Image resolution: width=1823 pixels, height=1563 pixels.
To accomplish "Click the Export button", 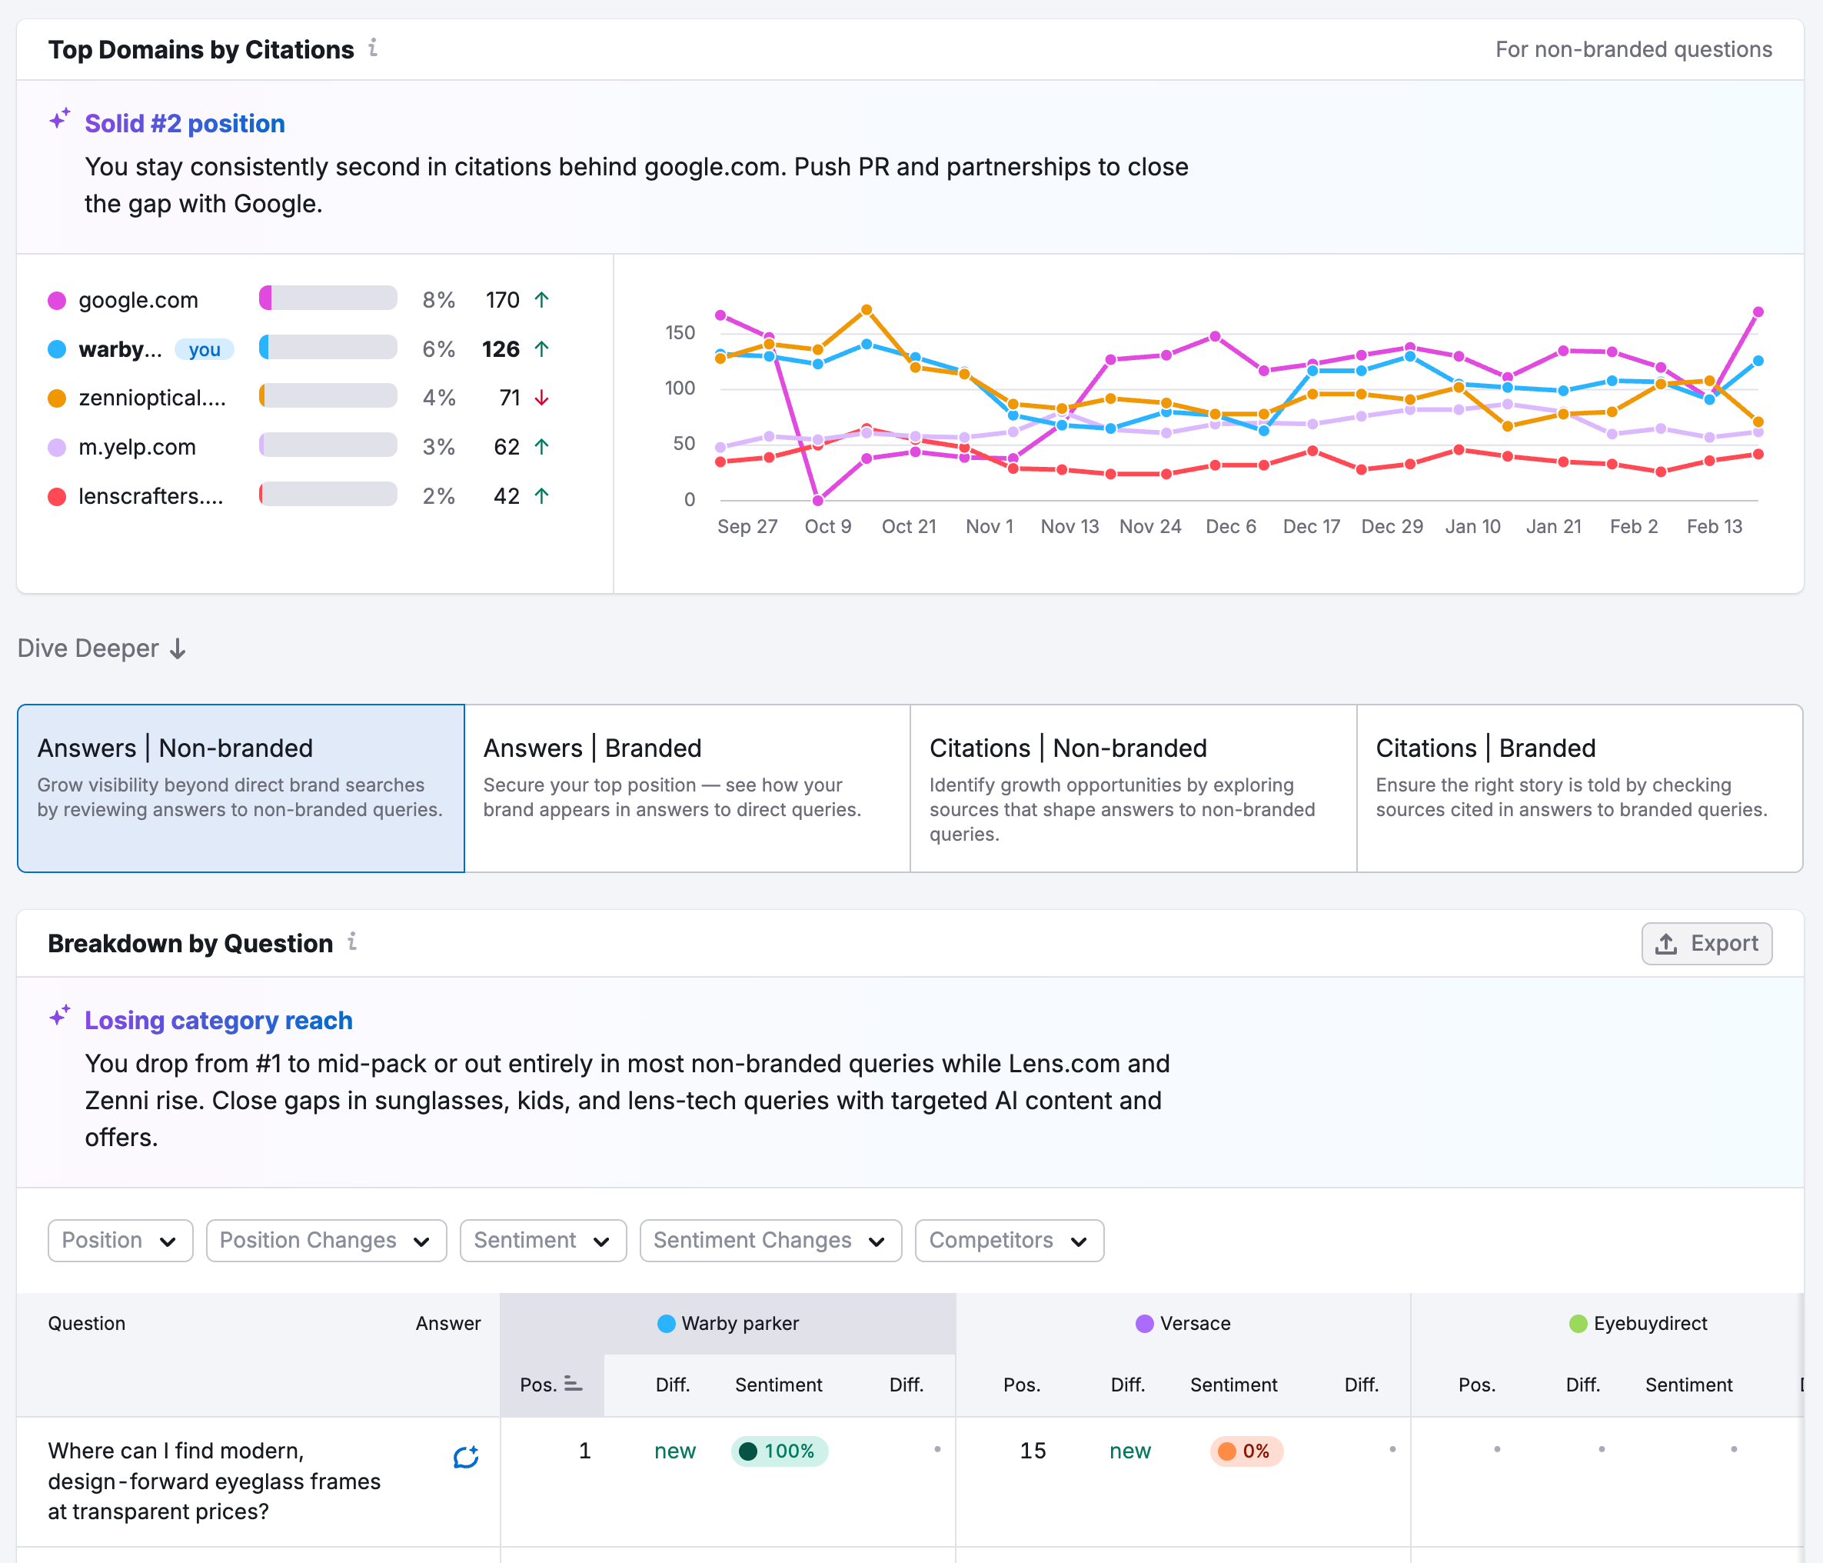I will [x=1706, y=944].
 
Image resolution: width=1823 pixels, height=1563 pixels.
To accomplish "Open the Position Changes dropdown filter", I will [x=325, y=1240].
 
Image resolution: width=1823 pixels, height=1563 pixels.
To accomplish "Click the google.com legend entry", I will [x=138, y=300].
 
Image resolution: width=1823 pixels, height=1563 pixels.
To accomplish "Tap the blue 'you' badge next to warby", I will [x=204, y=349].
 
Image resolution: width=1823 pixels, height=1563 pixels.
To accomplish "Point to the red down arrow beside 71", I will [x=542, y=398].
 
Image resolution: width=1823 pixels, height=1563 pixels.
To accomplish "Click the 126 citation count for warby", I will [x=501, y=349].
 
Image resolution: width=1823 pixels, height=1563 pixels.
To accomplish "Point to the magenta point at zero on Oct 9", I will [x=817, y=500].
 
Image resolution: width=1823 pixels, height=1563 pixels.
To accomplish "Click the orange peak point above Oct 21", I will [x=867, y=310].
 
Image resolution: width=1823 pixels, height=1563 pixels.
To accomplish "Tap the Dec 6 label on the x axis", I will [x=1230, y=526].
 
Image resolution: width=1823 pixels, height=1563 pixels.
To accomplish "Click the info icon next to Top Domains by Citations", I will [x=373, y=48].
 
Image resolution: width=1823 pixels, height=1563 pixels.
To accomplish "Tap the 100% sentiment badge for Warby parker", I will [x=779, y=1451].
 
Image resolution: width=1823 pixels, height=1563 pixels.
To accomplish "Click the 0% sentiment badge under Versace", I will [x=1246, y=1451].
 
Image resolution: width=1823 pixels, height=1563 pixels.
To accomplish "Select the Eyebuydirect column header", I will [x=1638, y=1323].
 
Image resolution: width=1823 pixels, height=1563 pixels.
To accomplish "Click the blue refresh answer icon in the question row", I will [x=465, y=1457].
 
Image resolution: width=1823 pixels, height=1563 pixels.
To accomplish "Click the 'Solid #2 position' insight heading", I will [x=184, y=123].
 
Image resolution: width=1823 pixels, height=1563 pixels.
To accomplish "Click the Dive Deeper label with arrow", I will [x=101, y=648].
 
